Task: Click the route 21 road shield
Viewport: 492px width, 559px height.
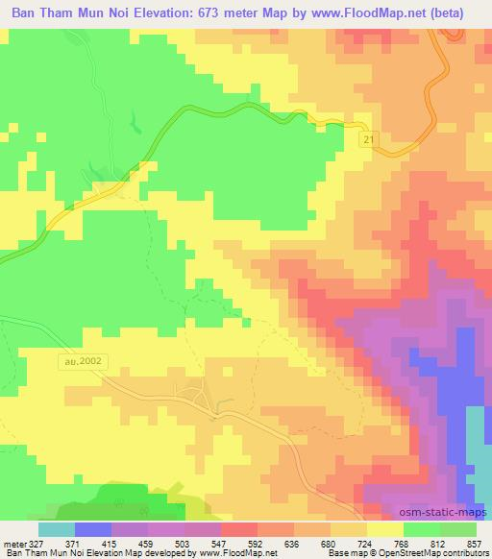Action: click(x=369, y=140)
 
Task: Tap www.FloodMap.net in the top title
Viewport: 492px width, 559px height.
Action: click(x=377, y=13)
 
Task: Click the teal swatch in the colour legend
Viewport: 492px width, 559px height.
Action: click(x=56, y=530)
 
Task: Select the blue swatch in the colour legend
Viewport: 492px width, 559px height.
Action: click(x=92, y=530)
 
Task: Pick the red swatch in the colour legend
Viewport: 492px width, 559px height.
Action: click(x=239, y=530)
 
